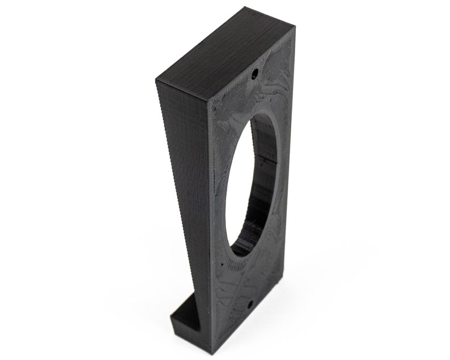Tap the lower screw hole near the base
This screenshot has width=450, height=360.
[x=249, y=305]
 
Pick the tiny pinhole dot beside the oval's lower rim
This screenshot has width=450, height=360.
[x=223, y=263]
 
